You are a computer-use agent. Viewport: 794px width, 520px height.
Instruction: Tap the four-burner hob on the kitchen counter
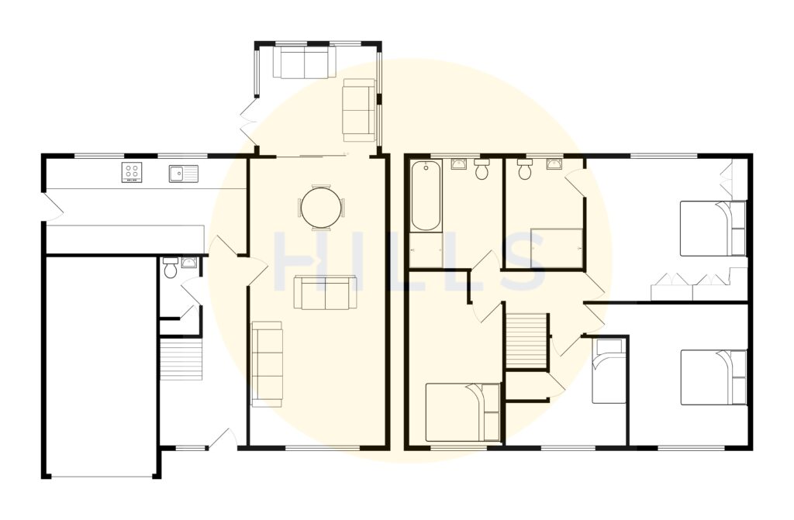[x=131, y=172]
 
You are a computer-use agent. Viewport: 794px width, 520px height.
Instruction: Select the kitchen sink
[x=183, y=174]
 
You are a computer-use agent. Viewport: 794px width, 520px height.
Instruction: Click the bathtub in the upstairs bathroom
[x=425, y=196]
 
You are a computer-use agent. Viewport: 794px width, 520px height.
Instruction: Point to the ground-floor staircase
[x=181, y=360]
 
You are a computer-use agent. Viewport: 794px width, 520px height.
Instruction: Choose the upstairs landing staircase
[x=527, y=339]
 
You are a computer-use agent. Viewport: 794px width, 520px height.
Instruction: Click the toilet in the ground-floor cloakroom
[x=170, y=268]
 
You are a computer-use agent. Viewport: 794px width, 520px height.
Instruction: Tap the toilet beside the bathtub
[x=482, y=170]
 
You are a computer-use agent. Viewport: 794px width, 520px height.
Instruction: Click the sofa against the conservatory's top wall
[x=304, y=64]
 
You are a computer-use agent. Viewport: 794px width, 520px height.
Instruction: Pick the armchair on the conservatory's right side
[x=359, y=109]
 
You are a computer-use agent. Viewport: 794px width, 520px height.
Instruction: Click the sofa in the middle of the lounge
[x=325, y=292]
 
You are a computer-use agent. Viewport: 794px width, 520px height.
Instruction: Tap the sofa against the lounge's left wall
[x=268, y=363]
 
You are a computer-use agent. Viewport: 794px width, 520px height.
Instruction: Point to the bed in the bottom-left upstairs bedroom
[x=463, y=412]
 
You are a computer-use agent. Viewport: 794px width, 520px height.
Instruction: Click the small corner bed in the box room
[x=609, y=370]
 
